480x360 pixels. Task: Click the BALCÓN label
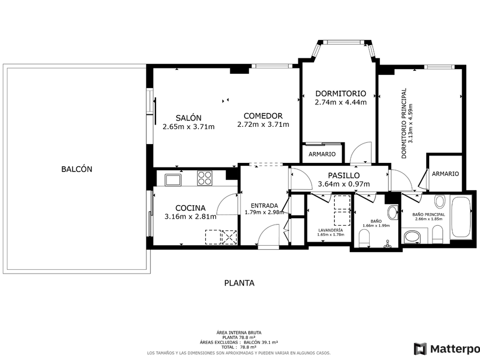77,169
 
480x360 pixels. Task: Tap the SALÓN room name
189,118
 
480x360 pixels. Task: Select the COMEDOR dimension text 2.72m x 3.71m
263,125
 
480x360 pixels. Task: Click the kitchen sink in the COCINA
173,179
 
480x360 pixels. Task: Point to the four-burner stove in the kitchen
205,178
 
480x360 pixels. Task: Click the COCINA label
190,208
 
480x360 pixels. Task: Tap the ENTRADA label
264,206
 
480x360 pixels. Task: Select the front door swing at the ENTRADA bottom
269,234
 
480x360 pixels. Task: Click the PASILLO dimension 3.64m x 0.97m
344,184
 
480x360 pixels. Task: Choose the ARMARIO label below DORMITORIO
322,154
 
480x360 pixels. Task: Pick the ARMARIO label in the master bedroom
445,174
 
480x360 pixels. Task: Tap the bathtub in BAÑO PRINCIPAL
461,217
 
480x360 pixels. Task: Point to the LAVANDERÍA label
331,230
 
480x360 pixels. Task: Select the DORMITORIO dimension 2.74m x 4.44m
341,102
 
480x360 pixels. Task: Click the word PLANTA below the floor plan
239,283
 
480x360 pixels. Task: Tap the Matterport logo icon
421,349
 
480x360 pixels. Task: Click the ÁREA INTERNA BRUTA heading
239,333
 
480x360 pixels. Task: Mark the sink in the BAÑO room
393,212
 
